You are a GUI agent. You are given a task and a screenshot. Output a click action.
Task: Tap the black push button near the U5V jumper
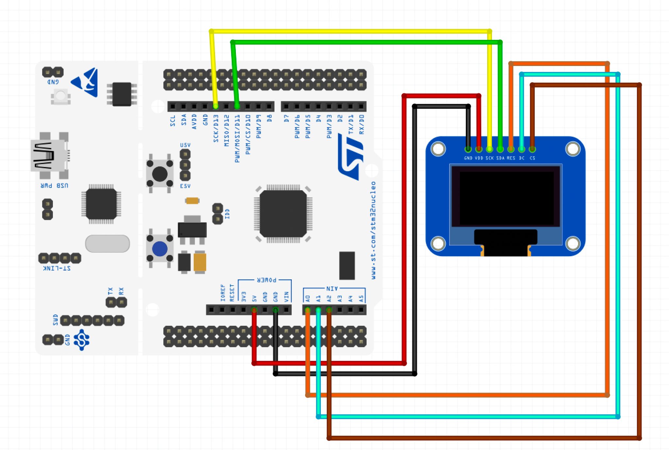[x=160, y=174]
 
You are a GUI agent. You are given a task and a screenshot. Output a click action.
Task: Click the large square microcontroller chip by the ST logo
[x=283, y=214]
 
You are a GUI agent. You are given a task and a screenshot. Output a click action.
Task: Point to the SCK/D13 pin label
[x=216, y=128]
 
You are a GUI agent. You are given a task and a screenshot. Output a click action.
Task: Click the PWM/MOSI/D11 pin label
[x=237, y=138]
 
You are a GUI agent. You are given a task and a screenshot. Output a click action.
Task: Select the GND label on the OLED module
[x=468, y=158]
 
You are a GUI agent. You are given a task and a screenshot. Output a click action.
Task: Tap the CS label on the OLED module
[x=532, y=158]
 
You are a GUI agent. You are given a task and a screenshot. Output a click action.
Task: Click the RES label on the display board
[x=511, y=158]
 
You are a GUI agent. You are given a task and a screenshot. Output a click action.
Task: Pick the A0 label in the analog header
[x=308, y=298]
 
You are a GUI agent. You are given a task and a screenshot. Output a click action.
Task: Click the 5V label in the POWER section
[x=254, y=298]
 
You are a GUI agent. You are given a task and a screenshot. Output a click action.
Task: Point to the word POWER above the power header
[x=266, y=280]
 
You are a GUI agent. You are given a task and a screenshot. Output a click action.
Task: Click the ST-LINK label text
[x=57, y=268]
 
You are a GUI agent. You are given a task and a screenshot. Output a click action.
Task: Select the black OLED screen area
[x=506, y=197]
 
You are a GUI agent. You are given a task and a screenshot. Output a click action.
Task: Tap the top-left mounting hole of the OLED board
[x=438, y=149]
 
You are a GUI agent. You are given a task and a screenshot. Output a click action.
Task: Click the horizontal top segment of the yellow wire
[x=350, y=31]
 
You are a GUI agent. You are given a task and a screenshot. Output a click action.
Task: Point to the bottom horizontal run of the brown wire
[x=483, y=438]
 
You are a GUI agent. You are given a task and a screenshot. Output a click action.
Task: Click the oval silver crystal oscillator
[x=107, y=243]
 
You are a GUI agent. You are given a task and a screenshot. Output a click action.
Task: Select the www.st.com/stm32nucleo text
[x=373, y=230]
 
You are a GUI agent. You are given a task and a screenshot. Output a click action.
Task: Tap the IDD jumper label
[x=227, y=214]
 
